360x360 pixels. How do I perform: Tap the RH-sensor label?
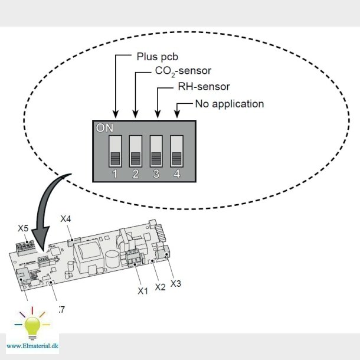(x=204, y=87)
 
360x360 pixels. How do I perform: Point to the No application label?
(x=229, y=104)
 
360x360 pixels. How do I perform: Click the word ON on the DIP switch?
(x=104, y=127)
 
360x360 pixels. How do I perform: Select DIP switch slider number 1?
(x=115, y=151)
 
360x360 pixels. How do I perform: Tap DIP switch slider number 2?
(x=136, y=151)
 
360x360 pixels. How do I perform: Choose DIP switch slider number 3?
(x=156, y=151)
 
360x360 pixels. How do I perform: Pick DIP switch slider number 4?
(x=177, y=151)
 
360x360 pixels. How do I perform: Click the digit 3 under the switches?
(x=156, y=174)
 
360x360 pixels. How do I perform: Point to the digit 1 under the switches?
(x=115, y=174)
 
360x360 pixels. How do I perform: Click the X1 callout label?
(x=142, y=291)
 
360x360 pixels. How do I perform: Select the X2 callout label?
(x=160, y=287)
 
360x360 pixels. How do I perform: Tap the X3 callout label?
(x=176, y=283)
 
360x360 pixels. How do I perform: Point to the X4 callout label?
(x=66, y=219)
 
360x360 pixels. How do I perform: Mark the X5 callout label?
(x=23, y=228)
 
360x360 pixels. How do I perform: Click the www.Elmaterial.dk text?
(x=32, y=345)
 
